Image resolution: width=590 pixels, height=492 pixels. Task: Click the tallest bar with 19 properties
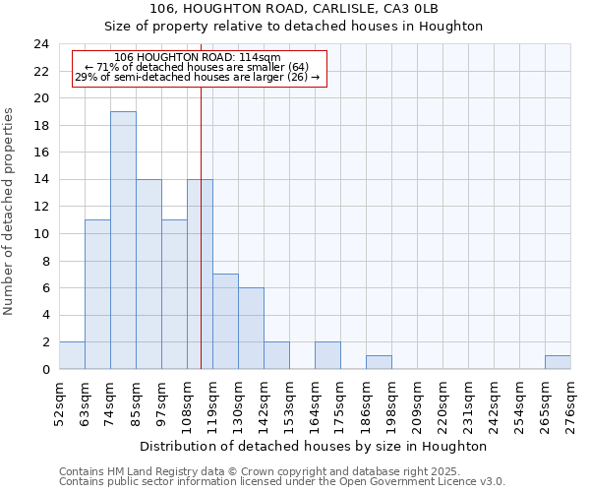pyautogui.click(x=123, y=240)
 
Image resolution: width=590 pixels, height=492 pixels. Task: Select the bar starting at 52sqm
pyautogui.click(x=72, y=355)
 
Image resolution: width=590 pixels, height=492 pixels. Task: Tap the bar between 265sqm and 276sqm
pyautogui.click(x=558, y=362)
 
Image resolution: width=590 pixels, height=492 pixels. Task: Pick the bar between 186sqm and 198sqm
pyautogui.click(x=379, y=362)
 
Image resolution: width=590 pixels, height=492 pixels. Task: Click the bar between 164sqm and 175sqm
pyautogui.click(x=327, y=355)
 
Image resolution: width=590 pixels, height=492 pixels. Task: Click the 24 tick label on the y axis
pyautogui.click(x=40, y=44)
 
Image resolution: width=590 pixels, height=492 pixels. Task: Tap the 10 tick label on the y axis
pyautogui.click(x=40, y=234)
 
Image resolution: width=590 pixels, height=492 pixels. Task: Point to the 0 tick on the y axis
pyautogui.click(x=44, y=370)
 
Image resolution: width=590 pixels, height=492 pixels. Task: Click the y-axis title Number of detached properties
pyautogui.click(x=10, y=212)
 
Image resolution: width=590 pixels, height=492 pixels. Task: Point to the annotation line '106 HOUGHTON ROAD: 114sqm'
pyautogui.click(x=198, y=57)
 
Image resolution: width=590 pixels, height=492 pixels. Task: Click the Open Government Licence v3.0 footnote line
pyautogui.click(x=282, y=482)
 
